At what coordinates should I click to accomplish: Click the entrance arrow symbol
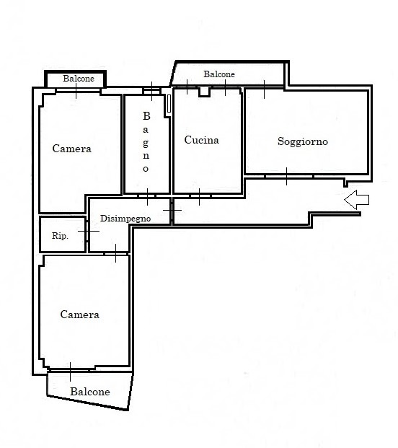click(357, 200)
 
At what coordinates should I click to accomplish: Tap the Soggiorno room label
click(303, 141)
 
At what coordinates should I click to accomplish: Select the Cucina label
click(202, 140)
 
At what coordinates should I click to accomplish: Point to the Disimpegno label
click(125, 219)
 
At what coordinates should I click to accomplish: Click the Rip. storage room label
click(60, 236)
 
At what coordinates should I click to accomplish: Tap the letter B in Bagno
click(146, 116)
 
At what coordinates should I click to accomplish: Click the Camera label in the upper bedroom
click(71, 149)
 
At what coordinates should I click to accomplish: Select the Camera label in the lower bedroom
click(79, 315)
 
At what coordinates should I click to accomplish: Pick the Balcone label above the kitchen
click(219, 74)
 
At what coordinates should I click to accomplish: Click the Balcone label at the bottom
click(90, 392)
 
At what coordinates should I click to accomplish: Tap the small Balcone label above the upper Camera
click(79, 79)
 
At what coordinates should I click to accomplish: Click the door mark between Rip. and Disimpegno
click(89, 231)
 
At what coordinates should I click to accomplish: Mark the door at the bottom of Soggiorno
click(287, 176)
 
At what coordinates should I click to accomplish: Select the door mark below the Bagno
click(147, 196)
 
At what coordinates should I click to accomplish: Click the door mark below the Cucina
click(199, 196)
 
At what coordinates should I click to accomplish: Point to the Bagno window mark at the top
click(151, 91)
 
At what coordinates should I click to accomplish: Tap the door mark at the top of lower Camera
click(115, 253)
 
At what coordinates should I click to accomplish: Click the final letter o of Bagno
click(146, 169)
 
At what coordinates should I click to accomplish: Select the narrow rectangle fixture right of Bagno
click(169, 103)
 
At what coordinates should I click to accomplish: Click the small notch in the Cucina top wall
click(205, 92)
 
